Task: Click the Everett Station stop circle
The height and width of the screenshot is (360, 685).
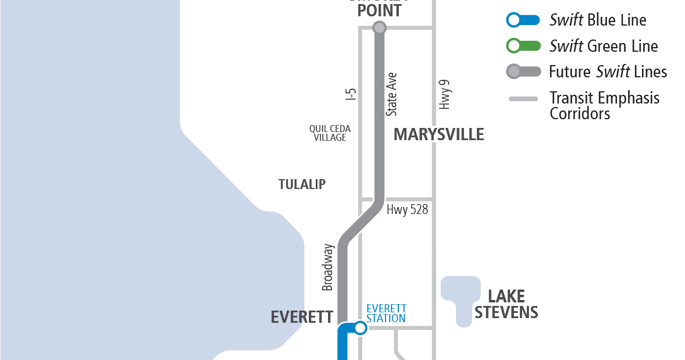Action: (x=361, y=328)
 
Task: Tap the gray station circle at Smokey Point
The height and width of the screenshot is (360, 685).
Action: (x=379, y=27)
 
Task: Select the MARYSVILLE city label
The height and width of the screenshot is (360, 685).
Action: (x=438, y=134)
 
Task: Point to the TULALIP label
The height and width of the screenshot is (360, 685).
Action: (x=302, y=184)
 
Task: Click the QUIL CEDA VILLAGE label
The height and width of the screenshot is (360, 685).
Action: (x=330, y=133)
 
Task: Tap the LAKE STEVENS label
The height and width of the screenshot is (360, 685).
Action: (x=506, y=304)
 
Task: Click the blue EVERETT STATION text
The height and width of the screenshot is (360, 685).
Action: (x=386, y=313)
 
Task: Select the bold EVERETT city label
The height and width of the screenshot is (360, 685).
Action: (x=302, y=317)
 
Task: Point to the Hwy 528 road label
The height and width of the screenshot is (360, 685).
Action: (x=407, y=209)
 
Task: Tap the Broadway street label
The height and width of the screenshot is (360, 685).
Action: (x=328, y=267)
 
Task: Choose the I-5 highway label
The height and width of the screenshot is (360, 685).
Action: (x=351, y=95)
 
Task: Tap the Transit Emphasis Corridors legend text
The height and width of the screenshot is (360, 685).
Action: (x=604, y=105)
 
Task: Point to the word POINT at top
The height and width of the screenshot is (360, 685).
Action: (x=379, y=10)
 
